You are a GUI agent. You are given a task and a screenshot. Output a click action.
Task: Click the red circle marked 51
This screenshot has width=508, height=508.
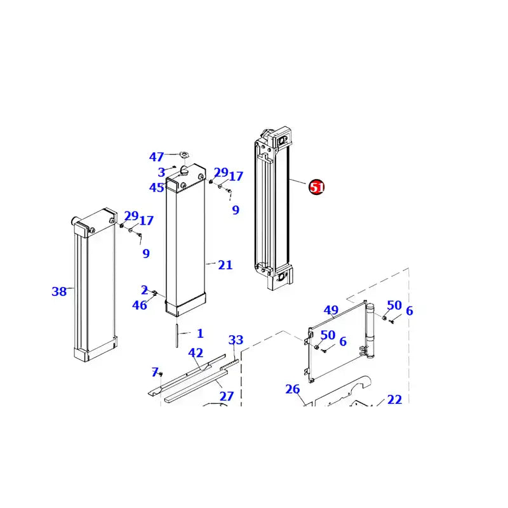tap(316, 187)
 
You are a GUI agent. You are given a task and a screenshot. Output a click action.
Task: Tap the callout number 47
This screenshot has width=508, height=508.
tap(156, 157)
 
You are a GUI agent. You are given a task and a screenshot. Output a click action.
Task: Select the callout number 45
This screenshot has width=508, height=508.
tap(157, 187)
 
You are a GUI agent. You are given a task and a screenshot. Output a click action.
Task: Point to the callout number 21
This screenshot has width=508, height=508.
tap(225, 265)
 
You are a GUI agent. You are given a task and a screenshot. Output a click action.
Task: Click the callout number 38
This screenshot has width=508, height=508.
tap(59, 292)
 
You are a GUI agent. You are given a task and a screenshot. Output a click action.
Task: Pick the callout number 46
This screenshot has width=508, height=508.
tap(139, 305)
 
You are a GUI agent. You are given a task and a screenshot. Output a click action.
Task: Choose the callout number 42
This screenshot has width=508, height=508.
tap(196, 353)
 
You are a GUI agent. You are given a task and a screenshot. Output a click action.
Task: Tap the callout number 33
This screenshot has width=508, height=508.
tap(236, 340)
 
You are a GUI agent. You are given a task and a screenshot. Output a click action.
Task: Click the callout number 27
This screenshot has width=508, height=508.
tap(227, 396)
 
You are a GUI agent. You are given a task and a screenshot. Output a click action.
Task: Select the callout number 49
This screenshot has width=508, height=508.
tap(331, 311)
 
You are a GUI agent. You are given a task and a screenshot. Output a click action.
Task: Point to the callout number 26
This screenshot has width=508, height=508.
tap(292, 389)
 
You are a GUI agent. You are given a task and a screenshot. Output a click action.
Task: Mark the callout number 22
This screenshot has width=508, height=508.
tap(394, 399)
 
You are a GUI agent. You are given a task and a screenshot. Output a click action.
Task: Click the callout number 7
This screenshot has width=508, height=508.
tap(154, 371)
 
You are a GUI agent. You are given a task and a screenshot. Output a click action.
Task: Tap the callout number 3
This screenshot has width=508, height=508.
tap(161, 172)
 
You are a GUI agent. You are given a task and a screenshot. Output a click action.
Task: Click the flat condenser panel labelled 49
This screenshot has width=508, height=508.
tap(337, 343)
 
